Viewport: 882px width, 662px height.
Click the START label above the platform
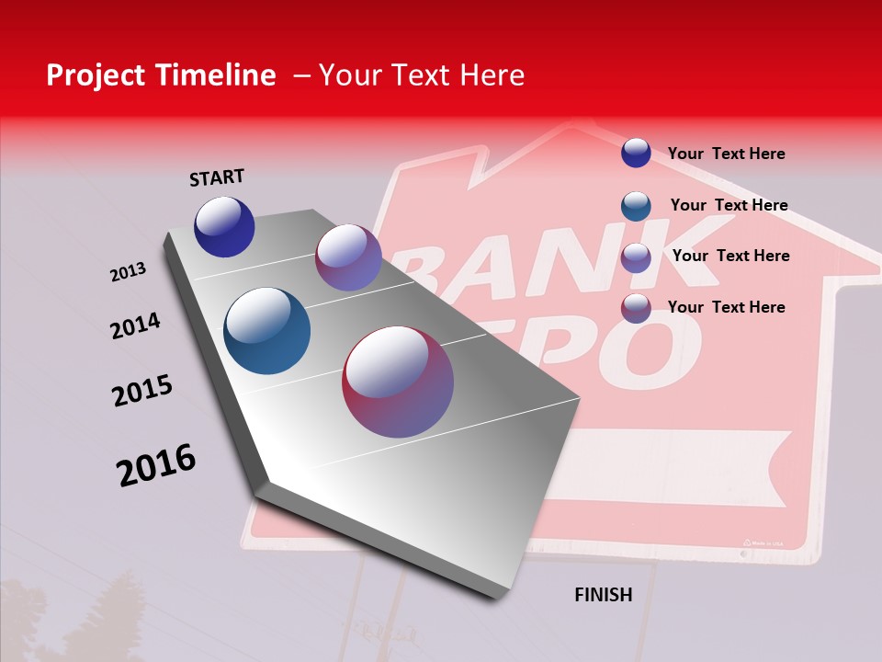point(217,177)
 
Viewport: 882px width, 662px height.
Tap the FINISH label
point(604,595)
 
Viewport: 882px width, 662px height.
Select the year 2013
point(128,272)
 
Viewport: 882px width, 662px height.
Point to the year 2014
point(135,325)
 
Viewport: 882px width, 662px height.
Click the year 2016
point(156,465)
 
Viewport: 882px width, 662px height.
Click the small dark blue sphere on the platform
point(224,226)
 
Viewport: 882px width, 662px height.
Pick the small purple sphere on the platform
point(348,257)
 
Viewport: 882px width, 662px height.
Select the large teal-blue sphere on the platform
point(267,331)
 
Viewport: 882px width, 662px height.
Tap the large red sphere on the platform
point(398,382)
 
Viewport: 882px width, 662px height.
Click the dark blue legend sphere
point(636,153)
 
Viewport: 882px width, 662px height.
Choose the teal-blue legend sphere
point(636,206)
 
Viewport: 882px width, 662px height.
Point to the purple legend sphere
point(636,257)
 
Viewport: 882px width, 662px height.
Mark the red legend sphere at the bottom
point(636,308)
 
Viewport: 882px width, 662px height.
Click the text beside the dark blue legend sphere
point(726,154)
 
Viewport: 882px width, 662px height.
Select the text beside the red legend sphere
point(726,307)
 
